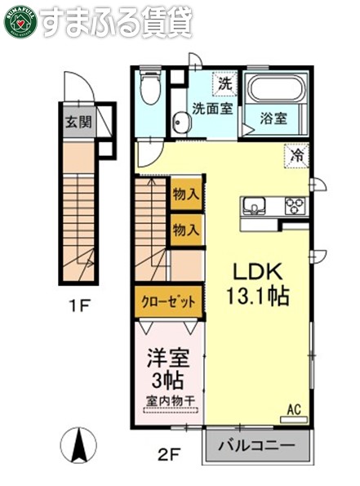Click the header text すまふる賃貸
[x=115, y=23]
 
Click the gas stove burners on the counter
[x=294, y=206]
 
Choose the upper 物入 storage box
[x=185, y=194]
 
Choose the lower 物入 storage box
[x=185, y=230]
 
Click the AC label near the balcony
[x=293, y=408]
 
